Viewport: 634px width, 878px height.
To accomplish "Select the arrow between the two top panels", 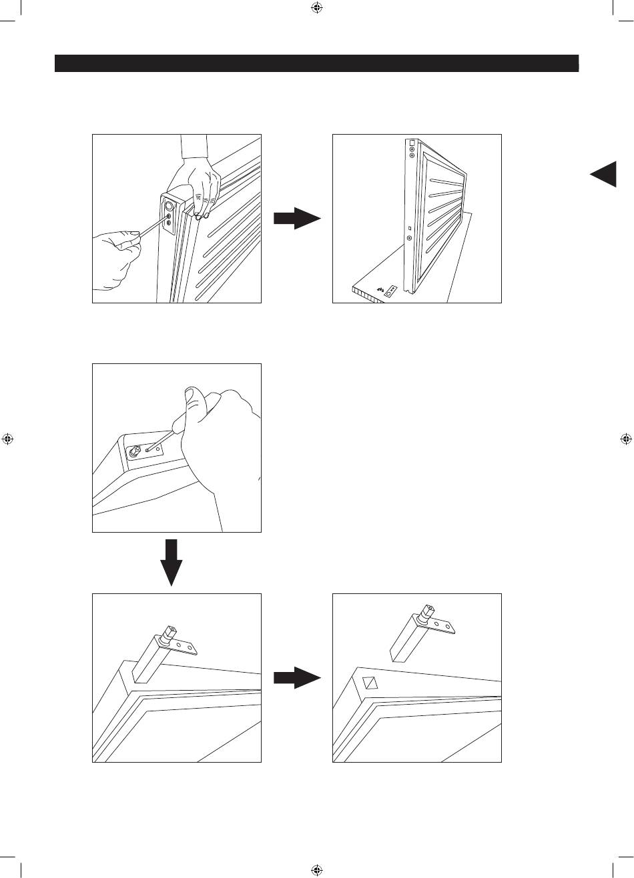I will [297, 218].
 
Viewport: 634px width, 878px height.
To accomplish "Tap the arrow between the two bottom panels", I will [297, 678].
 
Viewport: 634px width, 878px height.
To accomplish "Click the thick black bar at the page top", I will [316, 63].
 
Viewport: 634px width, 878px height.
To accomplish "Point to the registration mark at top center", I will [317, 9].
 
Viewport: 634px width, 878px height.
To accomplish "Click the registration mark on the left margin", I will [8, 439].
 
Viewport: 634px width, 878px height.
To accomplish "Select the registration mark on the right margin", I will [625, 439].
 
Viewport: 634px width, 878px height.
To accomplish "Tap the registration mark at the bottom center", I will [317, 869].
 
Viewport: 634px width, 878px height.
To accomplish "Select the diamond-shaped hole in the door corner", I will [370, 683].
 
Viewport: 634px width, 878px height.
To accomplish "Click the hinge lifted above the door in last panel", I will [420, 633].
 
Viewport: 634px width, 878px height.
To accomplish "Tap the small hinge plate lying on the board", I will [392, 291].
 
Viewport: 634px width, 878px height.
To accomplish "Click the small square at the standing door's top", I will [411, 142].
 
